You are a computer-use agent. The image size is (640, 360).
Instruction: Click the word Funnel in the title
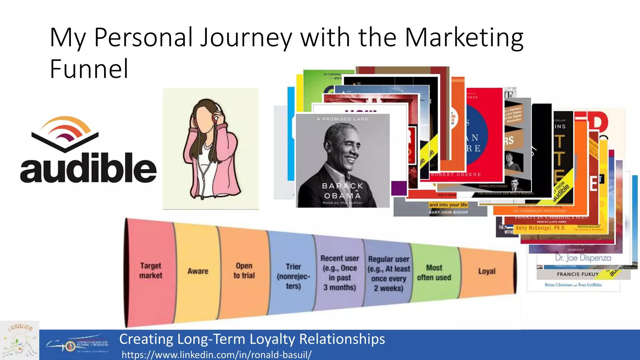coord(89,69)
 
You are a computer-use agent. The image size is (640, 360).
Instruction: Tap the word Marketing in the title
coord(464,37)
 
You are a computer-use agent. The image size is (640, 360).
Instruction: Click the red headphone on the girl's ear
coord(215,118)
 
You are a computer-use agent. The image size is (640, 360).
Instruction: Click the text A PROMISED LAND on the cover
coord(342,119)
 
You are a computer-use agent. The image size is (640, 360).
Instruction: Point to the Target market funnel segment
coord(151,271)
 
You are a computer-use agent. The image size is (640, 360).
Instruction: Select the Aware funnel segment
coord(197,271)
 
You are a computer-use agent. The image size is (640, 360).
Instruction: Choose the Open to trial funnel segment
coord(244,271)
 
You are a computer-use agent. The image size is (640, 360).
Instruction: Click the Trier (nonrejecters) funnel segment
coord(293,276)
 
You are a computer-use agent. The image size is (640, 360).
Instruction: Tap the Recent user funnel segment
coord(340,273)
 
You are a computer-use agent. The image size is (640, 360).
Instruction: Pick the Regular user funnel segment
coord(389,273)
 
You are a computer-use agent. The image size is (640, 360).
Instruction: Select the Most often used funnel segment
coord(434,272)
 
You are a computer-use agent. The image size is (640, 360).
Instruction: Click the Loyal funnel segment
coord(487,271)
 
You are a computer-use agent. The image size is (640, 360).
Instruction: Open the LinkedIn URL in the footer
coord(216,355)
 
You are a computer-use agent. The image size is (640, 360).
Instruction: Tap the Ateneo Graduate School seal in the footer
coord(70,346)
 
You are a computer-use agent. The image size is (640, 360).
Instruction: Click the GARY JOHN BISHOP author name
coord(448,212)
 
